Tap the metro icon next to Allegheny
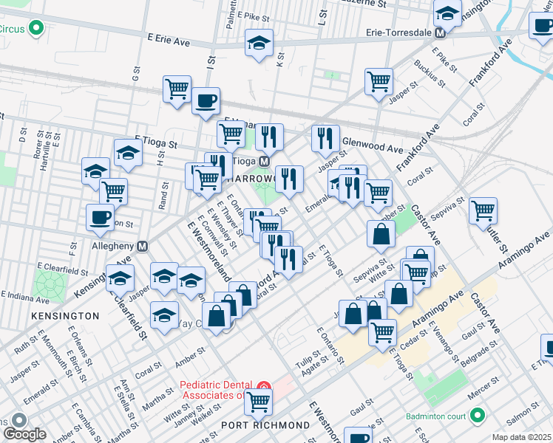pyautogui.click(x=143, y=246)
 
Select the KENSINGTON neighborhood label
pyautogui.click(x=66, y=315)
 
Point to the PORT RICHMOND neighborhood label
pyautogui.click(x=265, y=425)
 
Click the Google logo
pyautogui.click(x=24, y=435)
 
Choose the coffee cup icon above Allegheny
pyautogui.click(x=101, y=217)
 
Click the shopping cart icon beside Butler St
pyautogui.click(x=483, y=210)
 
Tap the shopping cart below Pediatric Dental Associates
pyautogui.click(x=259, y=402)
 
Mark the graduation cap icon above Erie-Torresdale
pyautogui.click(x=447, y=13)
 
